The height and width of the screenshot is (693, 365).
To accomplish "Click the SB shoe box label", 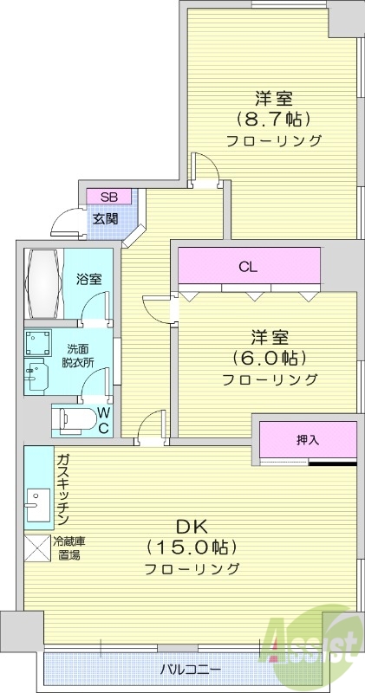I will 108,197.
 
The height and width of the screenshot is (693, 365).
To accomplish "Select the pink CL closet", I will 249,267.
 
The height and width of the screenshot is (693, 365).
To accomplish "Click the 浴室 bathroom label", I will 89,279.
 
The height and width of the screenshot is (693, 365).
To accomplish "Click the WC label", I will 103,420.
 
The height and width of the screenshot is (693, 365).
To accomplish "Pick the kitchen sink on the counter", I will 37,502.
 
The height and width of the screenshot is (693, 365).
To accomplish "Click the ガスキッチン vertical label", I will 63,490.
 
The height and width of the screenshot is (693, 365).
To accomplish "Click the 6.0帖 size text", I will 269,357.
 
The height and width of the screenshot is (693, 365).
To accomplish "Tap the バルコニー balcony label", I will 191,670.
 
